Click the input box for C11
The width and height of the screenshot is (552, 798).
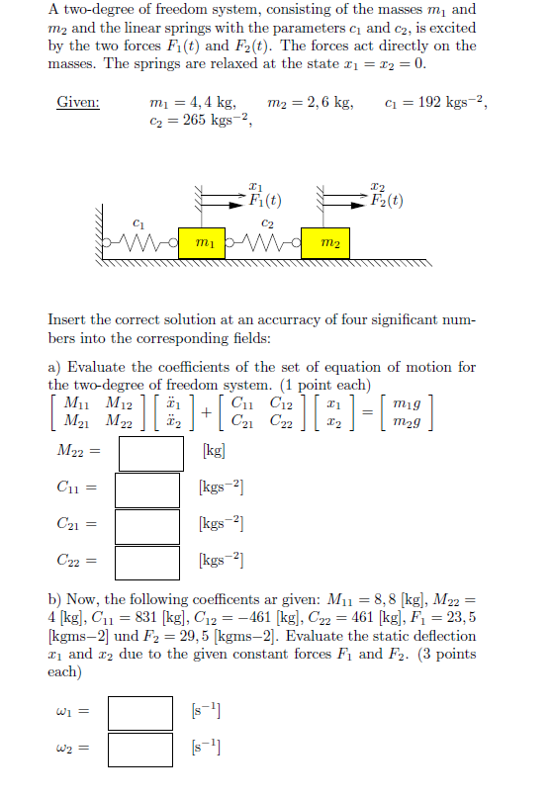[x=147, y=488]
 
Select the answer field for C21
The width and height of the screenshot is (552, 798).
[x=147, y=525]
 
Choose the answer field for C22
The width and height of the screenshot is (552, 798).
[x=147, y=562]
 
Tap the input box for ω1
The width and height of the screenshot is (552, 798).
[x=140, y=713]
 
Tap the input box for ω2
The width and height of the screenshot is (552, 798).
[x=140, y=749]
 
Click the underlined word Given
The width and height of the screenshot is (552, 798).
[x=78, y=103]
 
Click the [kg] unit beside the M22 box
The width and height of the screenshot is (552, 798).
[x=213, y=451]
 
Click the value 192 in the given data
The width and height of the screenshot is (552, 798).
[x=436, y=103]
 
